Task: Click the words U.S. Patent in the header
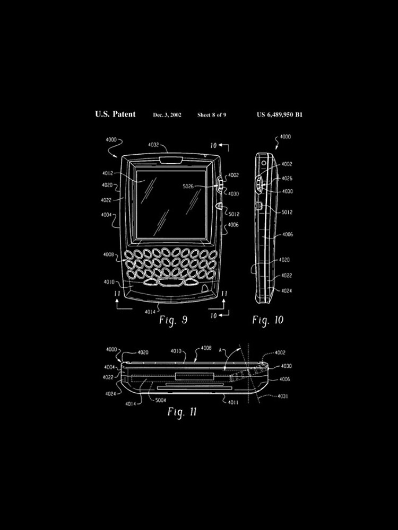tap(115, 114)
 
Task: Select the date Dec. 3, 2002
tap(167, 114)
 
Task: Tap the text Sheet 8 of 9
tap(212, 114)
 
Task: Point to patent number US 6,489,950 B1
tap(279, 114)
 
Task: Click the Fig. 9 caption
tap(173, 320)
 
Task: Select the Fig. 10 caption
tap(267, 320)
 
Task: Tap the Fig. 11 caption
tap(182, 412)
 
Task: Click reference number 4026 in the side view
tap(287, 179)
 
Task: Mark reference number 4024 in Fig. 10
tap(287, 291)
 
